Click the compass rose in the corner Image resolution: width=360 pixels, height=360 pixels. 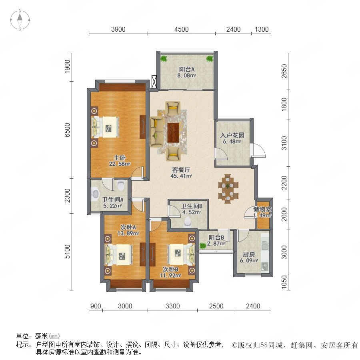(20, 20)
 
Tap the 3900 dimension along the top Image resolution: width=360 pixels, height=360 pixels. (118, 29)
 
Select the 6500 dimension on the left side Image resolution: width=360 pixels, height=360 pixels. (67, 130)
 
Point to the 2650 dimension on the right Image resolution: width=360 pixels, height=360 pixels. (284, 71)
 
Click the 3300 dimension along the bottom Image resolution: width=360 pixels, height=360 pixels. (173, 306)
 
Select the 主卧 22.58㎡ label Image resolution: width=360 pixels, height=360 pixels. (120, 161)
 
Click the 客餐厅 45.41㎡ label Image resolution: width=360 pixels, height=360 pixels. (181, 173)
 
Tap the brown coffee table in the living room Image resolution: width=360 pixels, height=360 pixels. (173, 133)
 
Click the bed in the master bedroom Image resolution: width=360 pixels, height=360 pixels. (105, 127)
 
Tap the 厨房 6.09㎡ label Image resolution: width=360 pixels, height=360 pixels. (249, 257)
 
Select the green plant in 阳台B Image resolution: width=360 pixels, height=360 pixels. (203, 246)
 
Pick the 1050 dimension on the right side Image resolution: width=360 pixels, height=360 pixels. (284, 282)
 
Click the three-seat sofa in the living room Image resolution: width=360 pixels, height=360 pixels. (156, 132)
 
